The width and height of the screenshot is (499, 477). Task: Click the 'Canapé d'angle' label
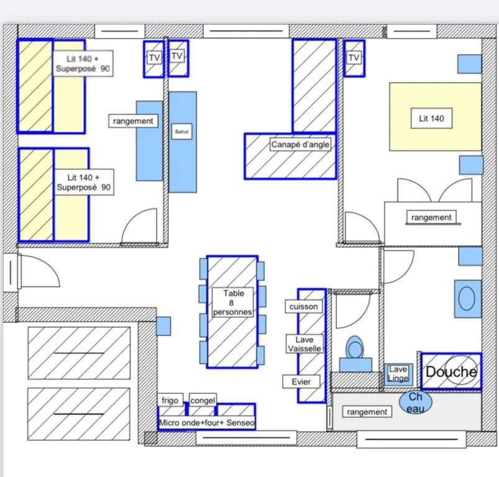300,144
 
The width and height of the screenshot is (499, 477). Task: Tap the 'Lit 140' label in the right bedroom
431,118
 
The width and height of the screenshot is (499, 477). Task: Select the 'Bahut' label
181,131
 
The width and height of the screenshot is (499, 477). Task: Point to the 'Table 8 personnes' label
233,302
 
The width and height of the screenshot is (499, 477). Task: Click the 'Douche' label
451,371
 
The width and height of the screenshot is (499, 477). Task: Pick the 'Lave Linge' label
398,374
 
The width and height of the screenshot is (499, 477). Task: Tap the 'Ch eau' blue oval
416,402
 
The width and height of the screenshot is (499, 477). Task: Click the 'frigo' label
170,400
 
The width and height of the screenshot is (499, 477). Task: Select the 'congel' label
203,400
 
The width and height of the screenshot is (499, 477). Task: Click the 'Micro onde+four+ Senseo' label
207,422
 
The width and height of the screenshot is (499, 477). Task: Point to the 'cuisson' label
304,307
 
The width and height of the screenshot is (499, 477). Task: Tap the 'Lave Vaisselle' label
304,343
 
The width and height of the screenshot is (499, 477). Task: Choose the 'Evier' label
301,381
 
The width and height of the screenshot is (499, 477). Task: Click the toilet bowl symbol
355,348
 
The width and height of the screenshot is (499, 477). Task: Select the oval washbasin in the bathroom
467,298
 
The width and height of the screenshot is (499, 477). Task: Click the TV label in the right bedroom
354,58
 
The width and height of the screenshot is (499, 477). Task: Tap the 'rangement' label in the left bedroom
133,121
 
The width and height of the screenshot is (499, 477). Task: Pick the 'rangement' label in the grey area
367,412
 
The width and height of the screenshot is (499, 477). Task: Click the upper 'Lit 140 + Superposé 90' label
83,63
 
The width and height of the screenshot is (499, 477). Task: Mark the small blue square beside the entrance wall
163,326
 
